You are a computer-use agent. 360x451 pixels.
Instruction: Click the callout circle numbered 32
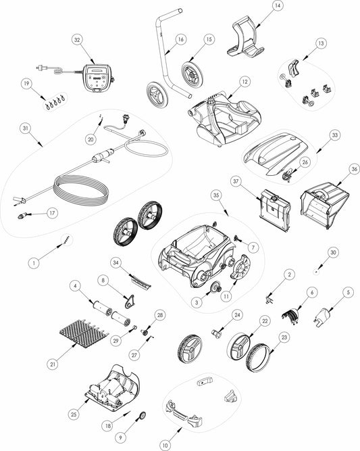77,40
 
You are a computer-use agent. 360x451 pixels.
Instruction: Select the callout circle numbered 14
277,6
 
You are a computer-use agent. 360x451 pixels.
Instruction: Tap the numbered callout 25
74,414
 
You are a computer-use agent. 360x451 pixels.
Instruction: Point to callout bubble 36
354,169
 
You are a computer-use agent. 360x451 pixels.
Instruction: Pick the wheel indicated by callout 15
192,74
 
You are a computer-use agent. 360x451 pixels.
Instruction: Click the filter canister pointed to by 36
325,206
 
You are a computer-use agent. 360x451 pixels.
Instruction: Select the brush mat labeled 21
84,333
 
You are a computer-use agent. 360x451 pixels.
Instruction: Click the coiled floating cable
81,191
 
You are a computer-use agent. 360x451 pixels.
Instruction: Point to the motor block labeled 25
113,388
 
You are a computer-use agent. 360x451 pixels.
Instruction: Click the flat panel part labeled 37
275,210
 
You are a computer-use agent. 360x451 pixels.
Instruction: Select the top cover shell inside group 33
276,153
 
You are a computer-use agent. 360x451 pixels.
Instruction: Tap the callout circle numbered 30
333,252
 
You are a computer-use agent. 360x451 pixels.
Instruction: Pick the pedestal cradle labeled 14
246,36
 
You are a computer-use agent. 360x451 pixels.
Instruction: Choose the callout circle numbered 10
165,445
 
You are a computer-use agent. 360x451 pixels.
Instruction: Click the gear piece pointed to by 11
240,267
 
